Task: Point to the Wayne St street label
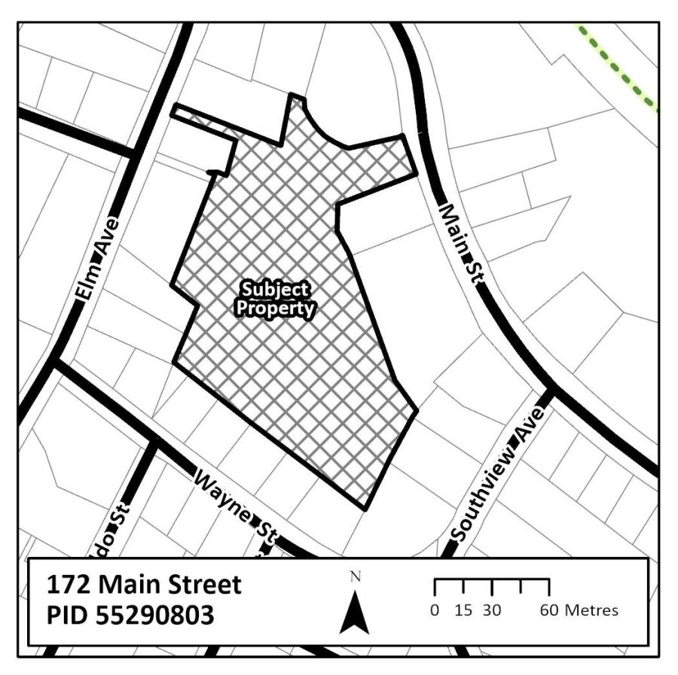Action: (234, 511)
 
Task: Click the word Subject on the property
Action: (275, 290)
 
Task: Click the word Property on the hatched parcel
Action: (275, 308)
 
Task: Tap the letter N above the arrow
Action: (356, 578)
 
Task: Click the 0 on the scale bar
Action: (435, 610)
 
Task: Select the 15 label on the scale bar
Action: (463, 610)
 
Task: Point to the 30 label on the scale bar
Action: (492, 610)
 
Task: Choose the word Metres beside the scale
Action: (591, 610)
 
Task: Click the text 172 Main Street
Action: (143, 585)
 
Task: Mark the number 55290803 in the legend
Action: (154, 616)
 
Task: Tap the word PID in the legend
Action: (68, 616)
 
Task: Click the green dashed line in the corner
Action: (618, 68)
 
